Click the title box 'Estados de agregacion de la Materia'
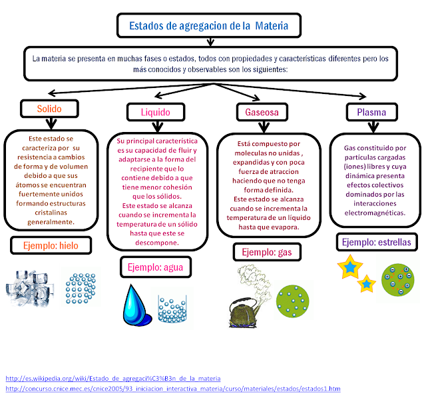tap(208, 27)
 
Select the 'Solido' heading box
tap(50, 108)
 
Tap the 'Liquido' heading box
tap(155, 111)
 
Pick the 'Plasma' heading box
tap(371, 111)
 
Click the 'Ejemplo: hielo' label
tap(50, 245)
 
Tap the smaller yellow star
tap(367, 284)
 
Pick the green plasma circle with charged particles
tap(397, 279)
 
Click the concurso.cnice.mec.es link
tap(172, 388)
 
